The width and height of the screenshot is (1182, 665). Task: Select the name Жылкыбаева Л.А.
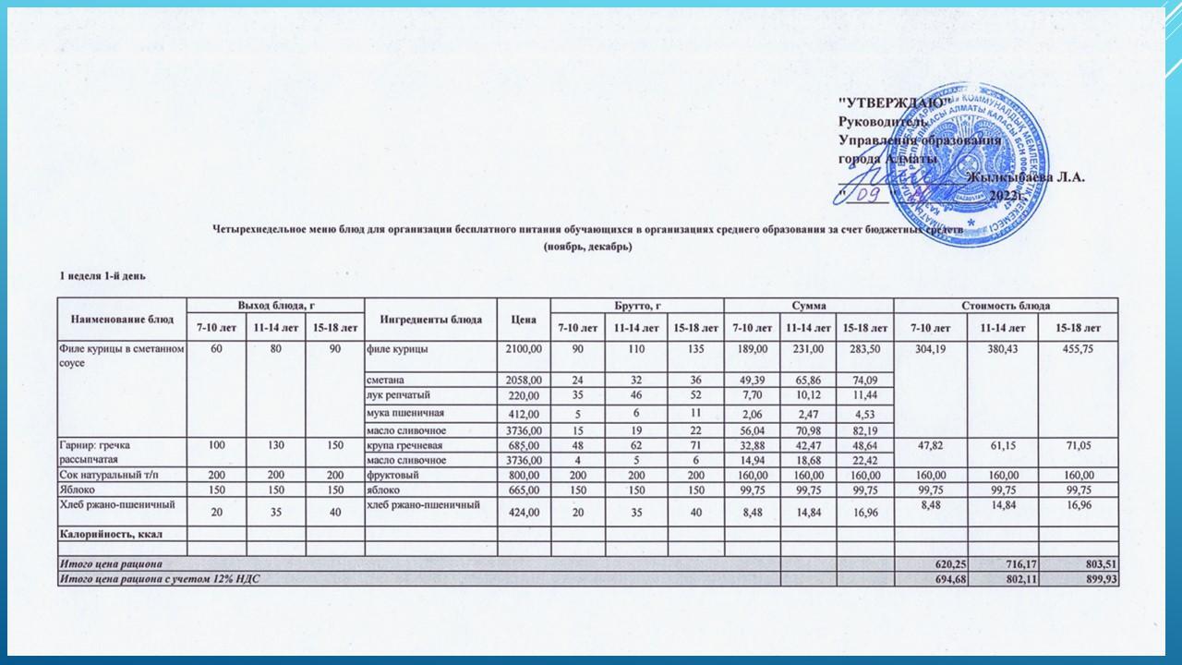click(1025, 177)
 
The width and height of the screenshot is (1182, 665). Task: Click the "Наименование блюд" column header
click(121, 319)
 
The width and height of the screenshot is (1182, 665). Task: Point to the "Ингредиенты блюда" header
click(431, 319)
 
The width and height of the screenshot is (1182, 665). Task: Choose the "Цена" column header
click(523, 319)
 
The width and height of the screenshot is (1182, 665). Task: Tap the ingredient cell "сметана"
click(386, 381)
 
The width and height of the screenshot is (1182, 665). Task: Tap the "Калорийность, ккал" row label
click(112, 534)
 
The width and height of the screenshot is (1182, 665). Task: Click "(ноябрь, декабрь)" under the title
click(587, 247)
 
